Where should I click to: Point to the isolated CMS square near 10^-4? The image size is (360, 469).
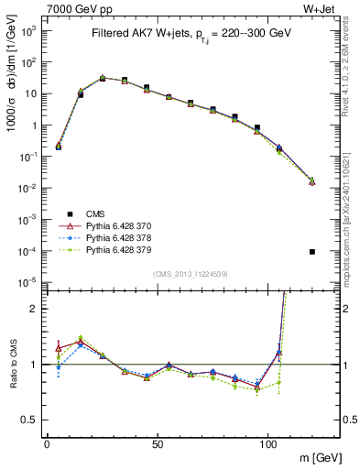[312, 251]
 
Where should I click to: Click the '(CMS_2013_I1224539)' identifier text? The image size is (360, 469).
[190, 273]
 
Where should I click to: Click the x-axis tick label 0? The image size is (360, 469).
[47, 442]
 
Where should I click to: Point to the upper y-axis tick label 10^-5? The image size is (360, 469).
[27, 281]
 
